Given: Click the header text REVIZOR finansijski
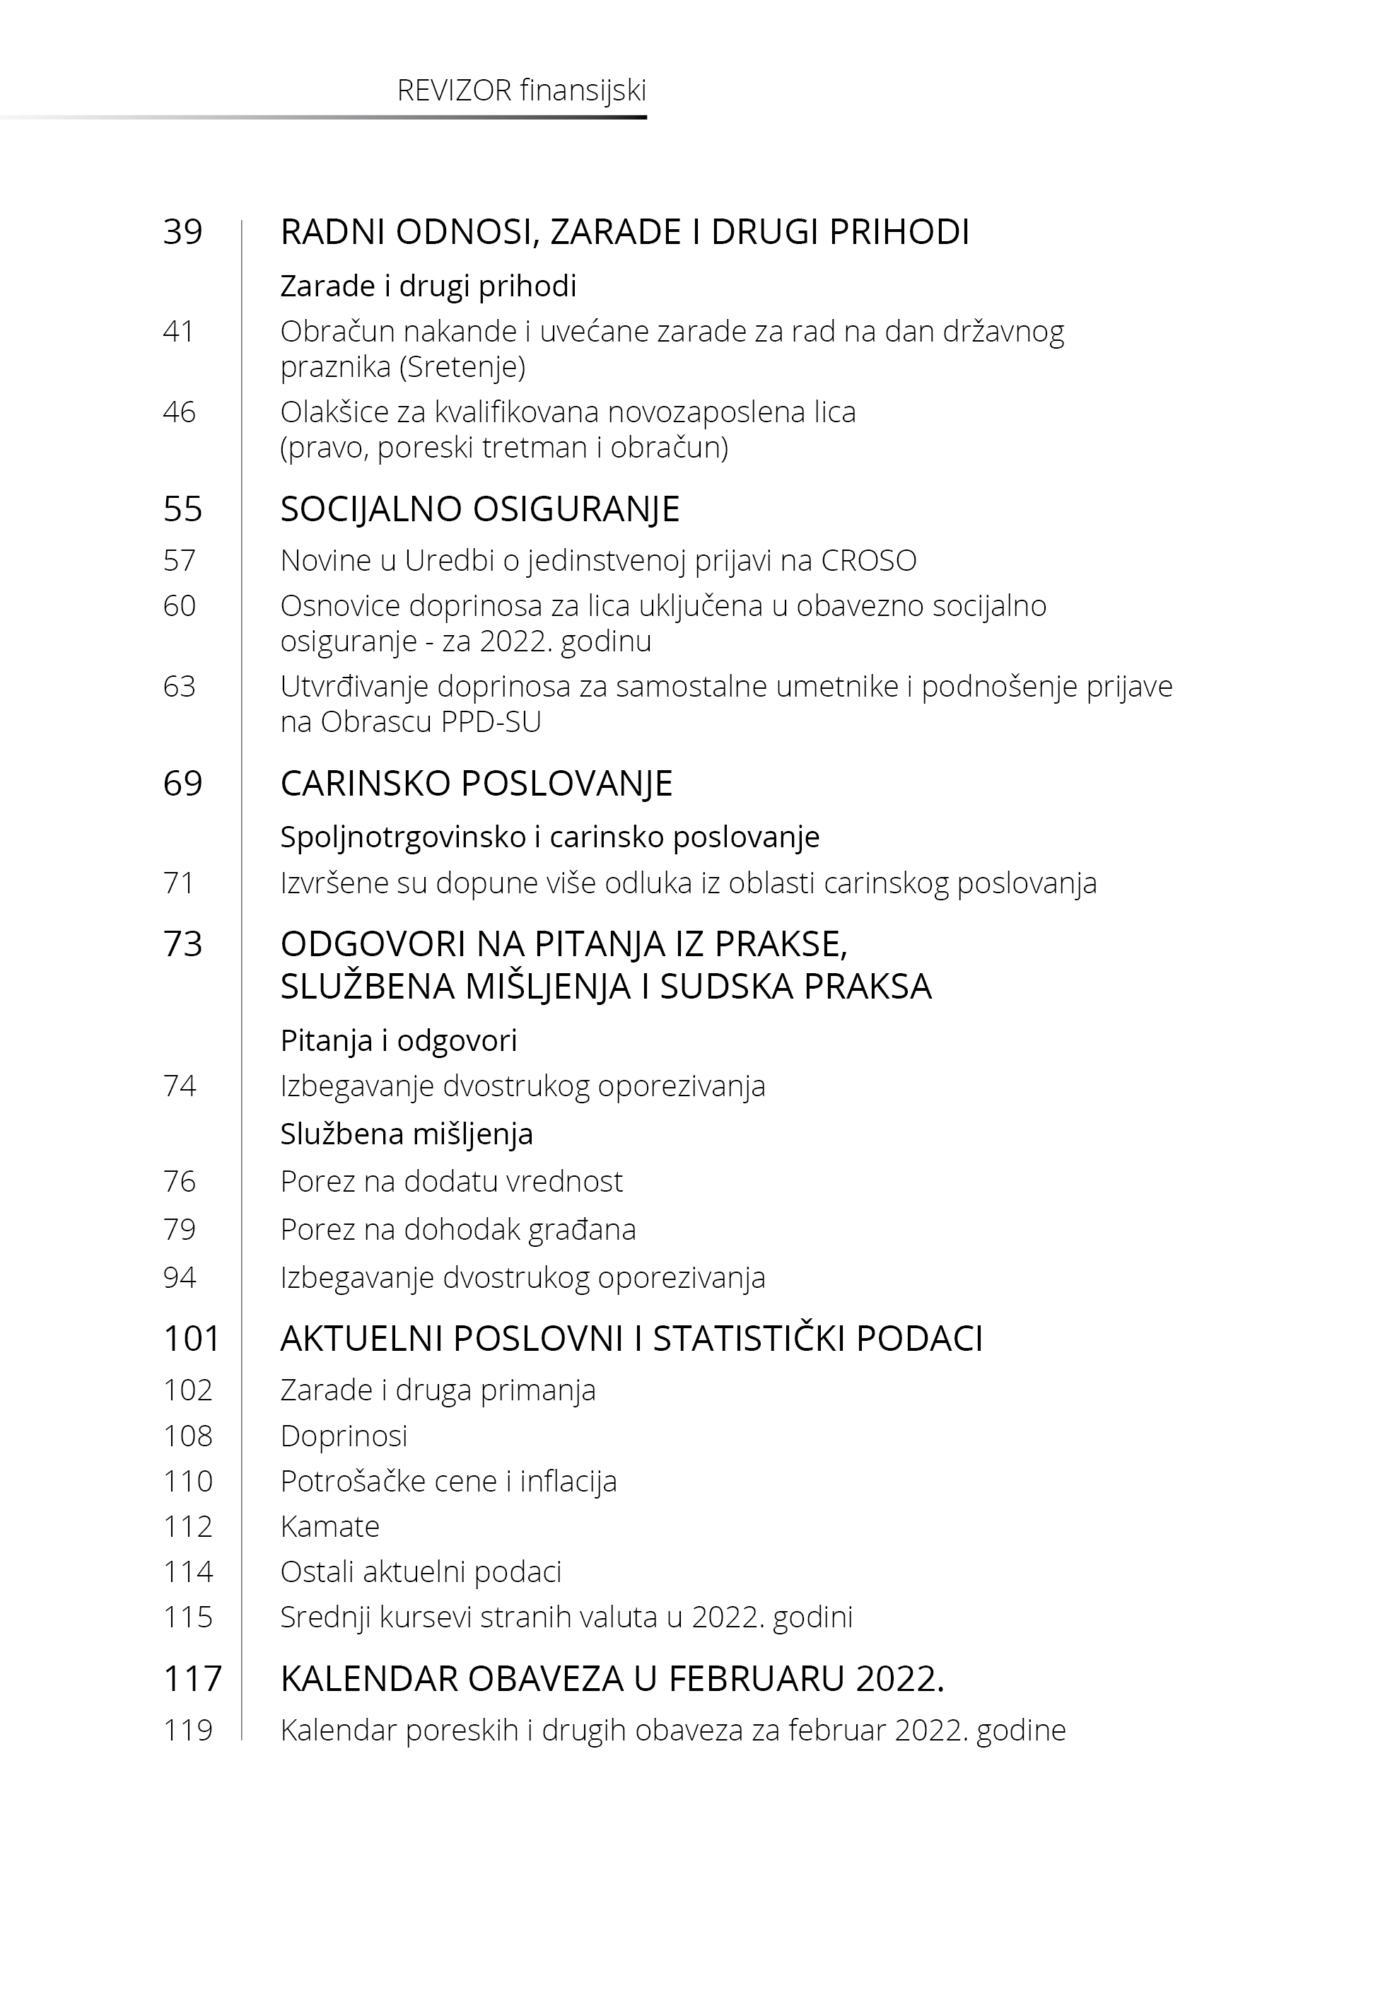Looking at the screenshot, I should click(x=522, y=91).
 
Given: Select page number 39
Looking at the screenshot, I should click(x=183, y=232).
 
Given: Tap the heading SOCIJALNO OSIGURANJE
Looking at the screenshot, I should click(x=480, y=509).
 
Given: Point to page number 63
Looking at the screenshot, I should click(x=180, y=687).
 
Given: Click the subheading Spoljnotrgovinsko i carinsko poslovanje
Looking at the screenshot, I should click(x=550, y=837).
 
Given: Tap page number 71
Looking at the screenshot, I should click(x=180, y=883).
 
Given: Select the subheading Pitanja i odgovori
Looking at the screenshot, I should click(x=399, y=1040).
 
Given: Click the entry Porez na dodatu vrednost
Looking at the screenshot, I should click(x=452, y=1181).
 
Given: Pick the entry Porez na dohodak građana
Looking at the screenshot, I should click(x=458, y=1230).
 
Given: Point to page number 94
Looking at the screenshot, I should click(x=180, y=1278).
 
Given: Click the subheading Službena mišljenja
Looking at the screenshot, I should click(x=407, y=1134).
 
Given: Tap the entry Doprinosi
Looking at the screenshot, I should click(x=344, y=1436).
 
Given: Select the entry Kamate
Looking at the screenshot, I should click(x=329, y=1527).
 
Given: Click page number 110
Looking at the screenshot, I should click(x=188, y=1482).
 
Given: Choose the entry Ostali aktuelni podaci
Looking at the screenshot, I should click(x=421, y=1571).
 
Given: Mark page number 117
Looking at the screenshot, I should click(x=192, y=1680).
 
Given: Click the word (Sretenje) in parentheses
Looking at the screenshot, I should click(x=463, y=368).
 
